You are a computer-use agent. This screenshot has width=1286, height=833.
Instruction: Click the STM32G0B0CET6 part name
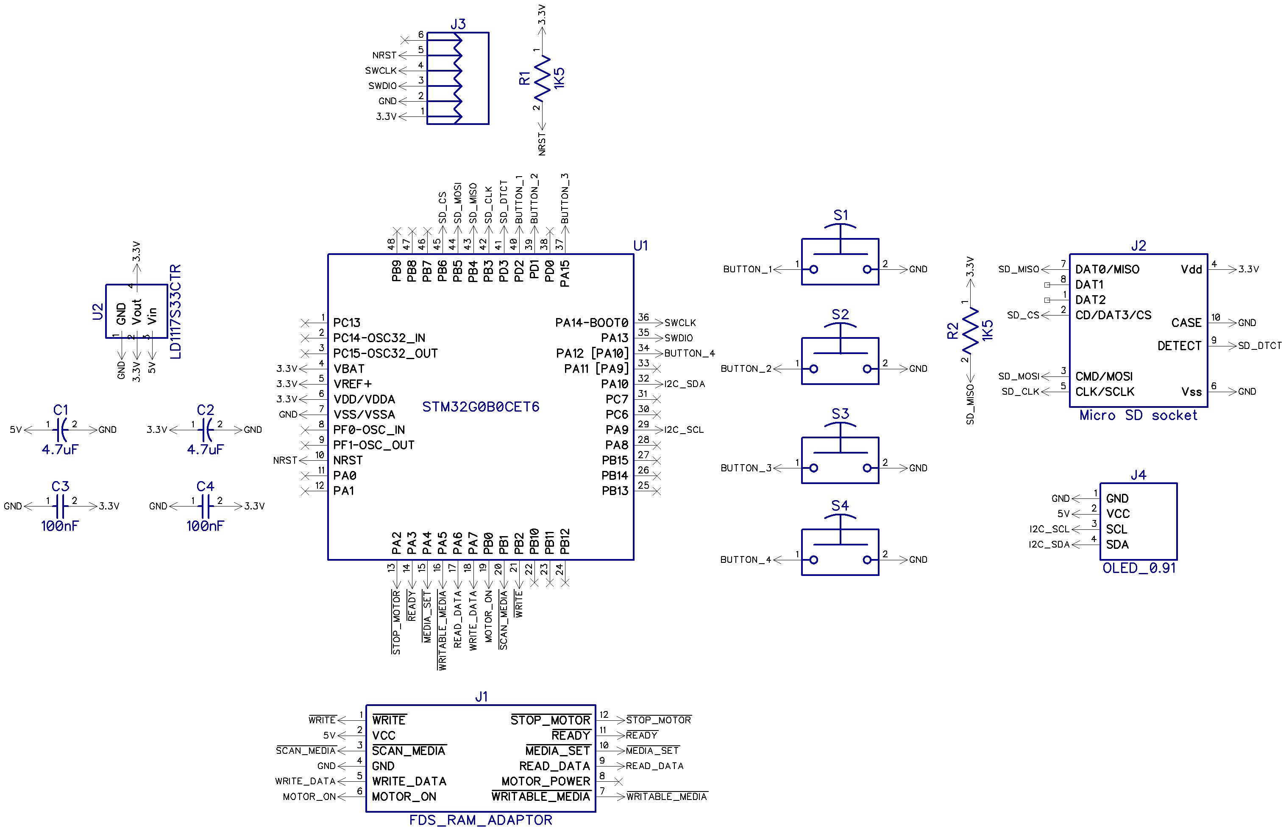(480, 407)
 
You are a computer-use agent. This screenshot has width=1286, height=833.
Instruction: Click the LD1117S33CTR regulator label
(175, 312)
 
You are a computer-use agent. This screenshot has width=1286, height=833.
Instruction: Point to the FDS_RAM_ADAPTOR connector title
(480, 819)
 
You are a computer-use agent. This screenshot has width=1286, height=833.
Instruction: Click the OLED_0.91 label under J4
(1138, 568)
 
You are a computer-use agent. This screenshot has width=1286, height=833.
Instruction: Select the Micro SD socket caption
(1138, 415)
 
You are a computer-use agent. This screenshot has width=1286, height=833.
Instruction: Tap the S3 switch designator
(840, 413)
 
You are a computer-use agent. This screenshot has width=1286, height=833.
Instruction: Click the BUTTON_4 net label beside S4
(745, 559)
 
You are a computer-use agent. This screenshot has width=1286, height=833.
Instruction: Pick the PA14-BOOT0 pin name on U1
(591, 322)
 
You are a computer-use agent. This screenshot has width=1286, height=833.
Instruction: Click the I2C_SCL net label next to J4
(1049, 529)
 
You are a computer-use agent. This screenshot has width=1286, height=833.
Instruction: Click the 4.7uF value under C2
(205, 449)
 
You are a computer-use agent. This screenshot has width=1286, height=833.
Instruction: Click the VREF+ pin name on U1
(352, 384)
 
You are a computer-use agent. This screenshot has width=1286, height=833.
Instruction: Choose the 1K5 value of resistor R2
(987, 330)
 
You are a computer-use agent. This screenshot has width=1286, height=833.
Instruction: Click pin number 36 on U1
(643, 317)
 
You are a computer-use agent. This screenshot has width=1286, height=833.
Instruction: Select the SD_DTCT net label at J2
(1259, 346)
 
